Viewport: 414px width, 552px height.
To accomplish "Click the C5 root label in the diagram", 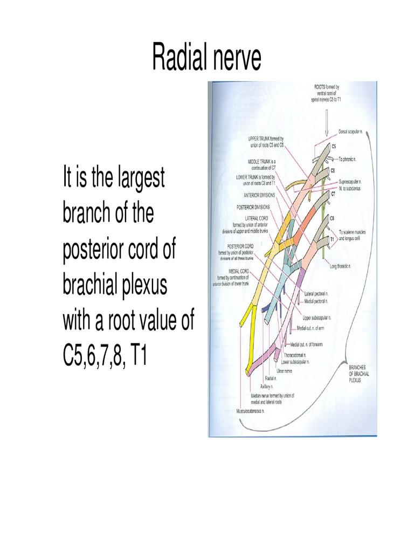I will click(334, 146).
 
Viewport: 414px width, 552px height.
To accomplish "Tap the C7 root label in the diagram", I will click(333, 193).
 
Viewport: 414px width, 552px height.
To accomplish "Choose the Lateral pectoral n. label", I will click(317, 294).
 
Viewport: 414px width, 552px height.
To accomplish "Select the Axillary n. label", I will click(264, 387).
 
